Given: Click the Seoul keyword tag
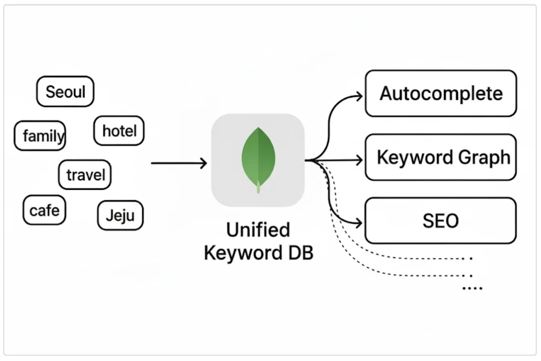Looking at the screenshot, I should click(x=65, y=91).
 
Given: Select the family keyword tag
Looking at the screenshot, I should click(x=40, y=136).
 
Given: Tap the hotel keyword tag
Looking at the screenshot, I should click(x=119, y=131).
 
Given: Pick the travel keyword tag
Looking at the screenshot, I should click(x=85, y=175).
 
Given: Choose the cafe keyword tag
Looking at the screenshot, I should click(x=44, y=210).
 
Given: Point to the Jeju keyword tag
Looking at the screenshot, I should click(x=120, y=215).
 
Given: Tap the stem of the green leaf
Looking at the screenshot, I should click(x=258, y=188).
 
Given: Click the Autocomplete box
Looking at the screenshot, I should click(x=441, y=93).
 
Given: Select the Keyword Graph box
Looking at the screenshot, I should click(x=441, y=157).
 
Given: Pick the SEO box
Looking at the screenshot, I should click(x=441, y=221).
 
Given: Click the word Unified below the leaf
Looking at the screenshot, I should click(x=258, y=230).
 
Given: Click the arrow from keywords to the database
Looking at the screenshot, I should click(x=179, y=163).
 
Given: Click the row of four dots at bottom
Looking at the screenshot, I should click(x=472, y=288).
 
